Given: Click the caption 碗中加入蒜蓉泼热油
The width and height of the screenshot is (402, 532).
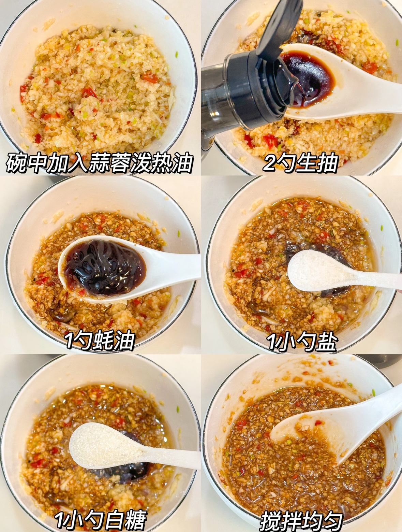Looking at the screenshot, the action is [100, 162].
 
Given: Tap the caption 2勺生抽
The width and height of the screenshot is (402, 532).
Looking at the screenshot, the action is [300, 162].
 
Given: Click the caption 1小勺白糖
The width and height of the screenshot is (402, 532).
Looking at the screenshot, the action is [101, 519].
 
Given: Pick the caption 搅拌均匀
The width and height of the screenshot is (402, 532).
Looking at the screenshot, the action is [302, 519].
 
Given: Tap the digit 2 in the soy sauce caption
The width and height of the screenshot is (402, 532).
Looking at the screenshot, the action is [270, 163].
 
